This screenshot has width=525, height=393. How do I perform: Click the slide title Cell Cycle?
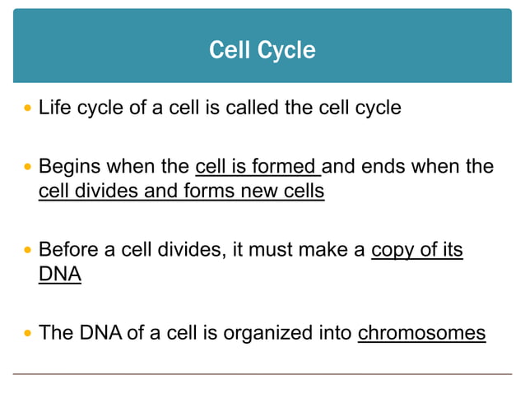pyautogui.click(x=262, y=50)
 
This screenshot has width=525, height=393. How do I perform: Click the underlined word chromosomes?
pyautogui.click(x=421, y=333)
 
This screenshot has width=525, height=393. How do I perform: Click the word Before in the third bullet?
pyautogui.click(x=68, y=250)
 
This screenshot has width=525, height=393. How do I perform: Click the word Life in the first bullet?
pyautogui.click(x=55, y=108)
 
